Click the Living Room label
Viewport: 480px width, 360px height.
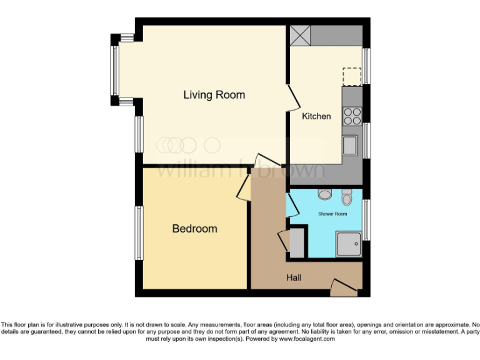(214, 95)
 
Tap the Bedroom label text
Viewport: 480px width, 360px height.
(194, 229)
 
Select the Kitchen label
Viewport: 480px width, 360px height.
(316, 116)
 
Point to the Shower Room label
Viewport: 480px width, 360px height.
(332, 214)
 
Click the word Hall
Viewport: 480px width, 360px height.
(294, 277)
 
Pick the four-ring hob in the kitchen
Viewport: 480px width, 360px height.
(352, 117)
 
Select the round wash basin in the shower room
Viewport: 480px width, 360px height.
(324, 194)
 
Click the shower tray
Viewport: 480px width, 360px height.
(349, 244)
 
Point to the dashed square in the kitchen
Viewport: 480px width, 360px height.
(353, 76)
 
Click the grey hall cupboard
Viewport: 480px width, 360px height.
(296, 243)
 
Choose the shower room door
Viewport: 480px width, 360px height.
(291, 207)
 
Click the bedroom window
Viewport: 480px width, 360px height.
(139, 232)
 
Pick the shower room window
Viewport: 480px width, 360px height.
(367, 219)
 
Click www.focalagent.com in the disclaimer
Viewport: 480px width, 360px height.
(307, 339)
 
